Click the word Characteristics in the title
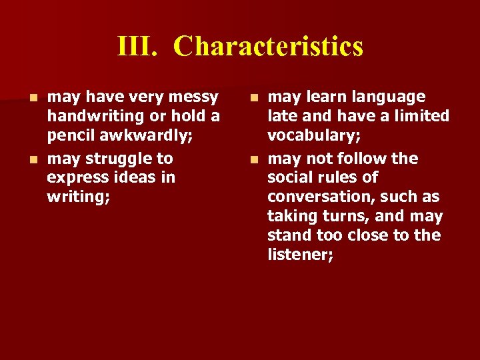(268, 47)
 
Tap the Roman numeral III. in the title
(136, 47)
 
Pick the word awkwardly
(147, 135)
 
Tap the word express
(77, 177)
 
